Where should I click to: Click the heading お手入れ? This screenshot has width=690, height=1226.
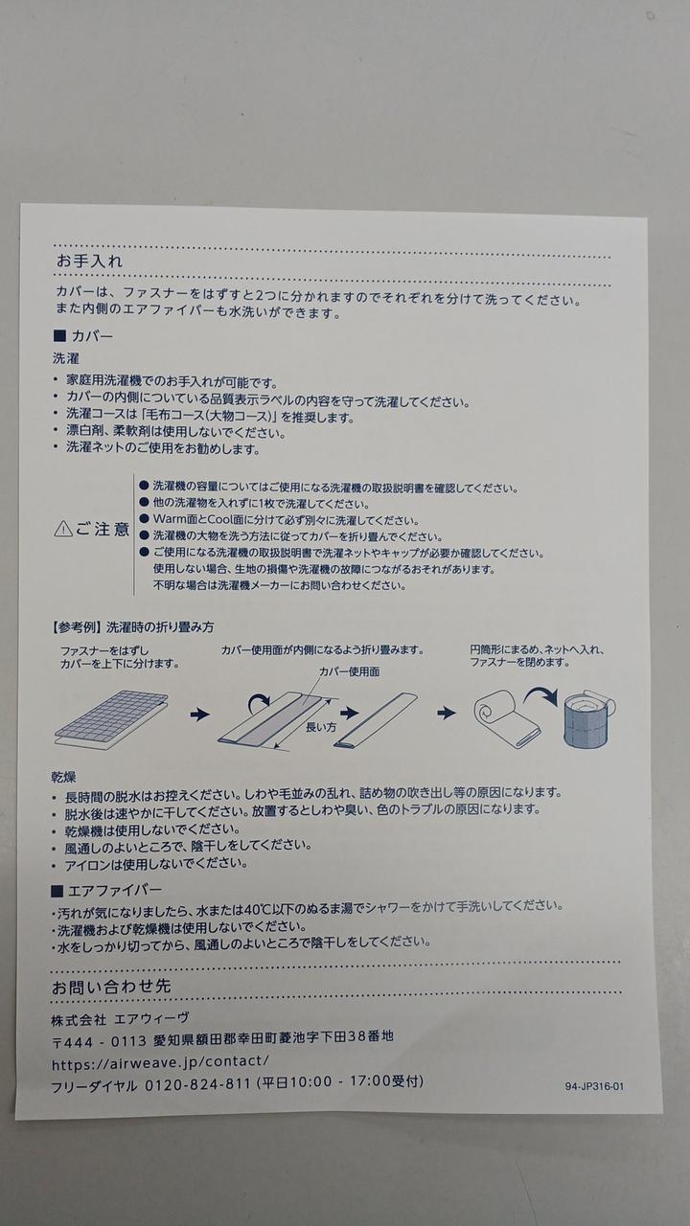[x=89, y=261]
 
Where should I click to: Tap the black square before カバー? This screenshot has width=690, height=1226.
[x=59, y=335]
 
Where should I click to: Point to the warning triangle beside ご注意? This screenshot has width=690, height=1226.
[x=63, y=529]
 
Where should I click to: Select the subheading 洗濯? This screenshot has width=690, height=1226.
[x=66, y=358]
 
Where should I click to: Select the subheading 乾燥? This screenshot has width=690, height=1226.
[x=63, y=777]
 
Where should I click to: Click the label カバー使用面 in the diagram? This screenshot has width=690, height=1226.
[x=349, y=671]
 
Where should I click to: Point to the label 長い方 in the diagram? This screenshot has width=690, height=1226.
[x=321, y=727]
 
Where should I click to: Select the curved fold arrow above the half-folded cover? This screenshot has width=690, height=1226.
[x=260, y=701]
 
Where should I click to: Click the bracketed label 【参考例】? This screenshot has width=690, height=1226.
[x=76, y=627]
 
